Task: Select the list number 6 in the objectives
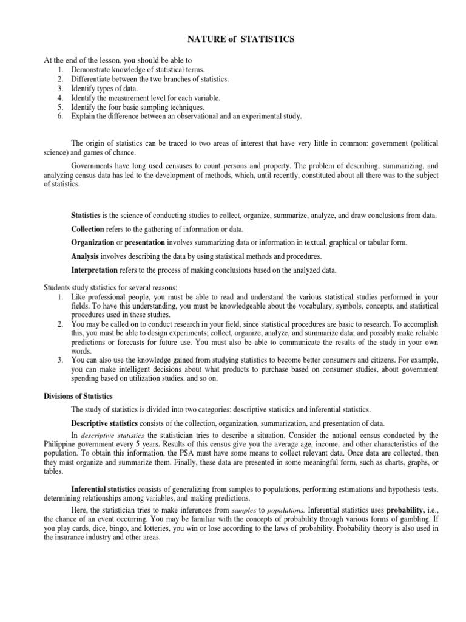61,116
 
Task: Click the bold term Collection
88,229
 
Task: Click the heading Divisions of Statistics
78,395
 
